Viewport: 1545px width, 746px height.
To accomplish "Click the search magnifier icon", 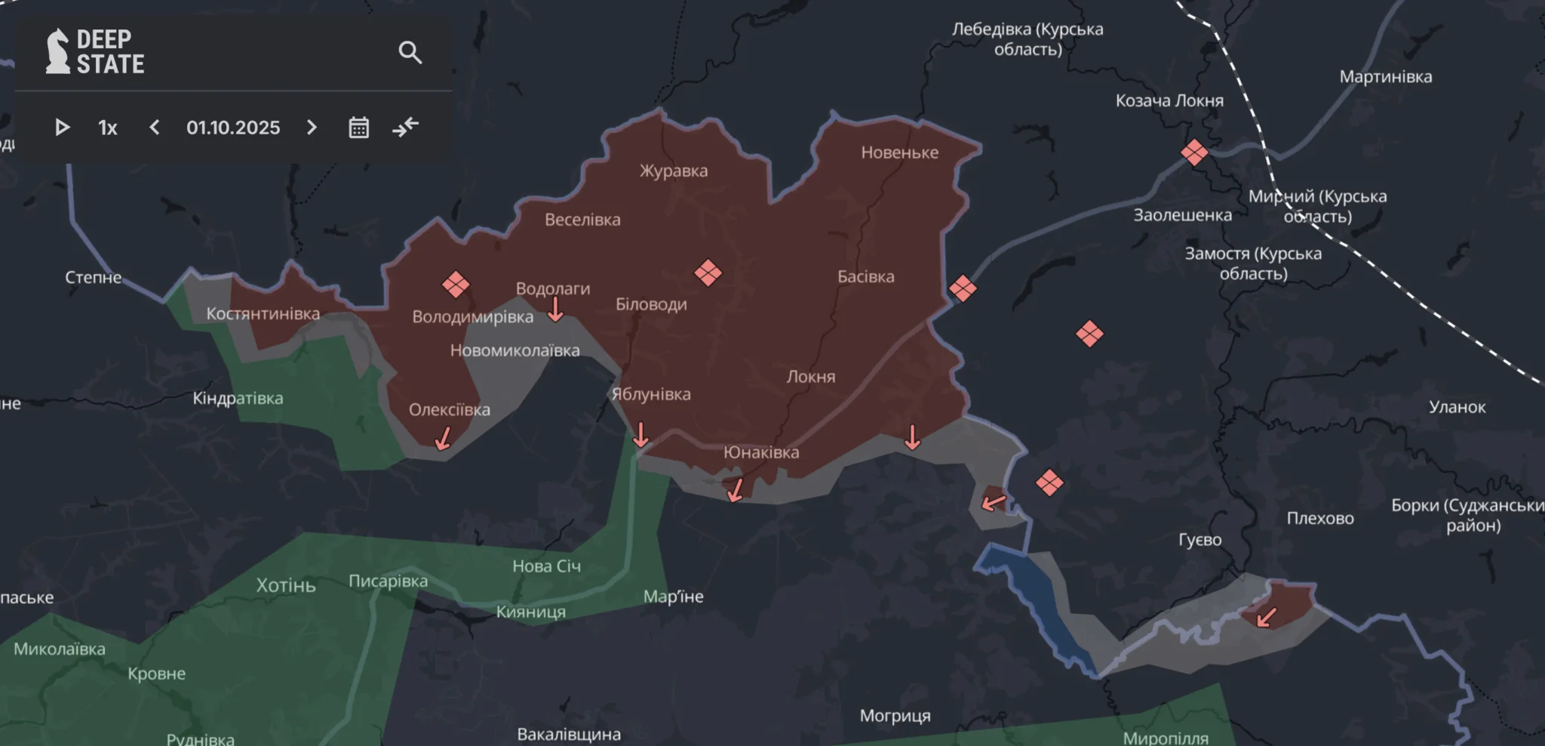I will (410, 52).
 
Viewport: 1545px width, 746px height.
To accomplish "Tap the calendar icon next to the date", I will (359, 128).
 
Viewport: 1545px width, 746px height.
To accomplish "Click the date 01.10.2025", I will (233, 128).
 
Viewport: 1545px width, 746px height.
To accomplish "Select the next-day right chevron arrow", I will (312, 128).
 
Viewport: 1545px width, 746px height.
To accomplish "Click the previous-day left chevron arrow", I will (155, 128).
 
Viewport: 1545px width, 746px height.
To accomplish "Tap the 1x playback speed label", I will (108, 128).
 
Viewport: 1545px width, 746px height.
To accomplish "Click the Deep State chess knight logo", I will (57, 51).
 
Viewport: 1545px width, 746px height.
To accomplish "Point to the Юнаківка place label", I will (761, 452).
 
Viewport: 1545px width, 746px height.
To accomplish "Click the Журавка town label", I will (674, 171).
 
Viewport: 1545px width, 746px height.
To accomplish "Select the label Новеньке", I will (899, 153).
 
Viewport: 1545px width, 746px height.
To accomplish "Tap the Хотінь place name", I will (286, 585).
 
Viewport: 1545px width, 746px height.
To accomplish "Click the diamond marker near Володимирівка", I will (456, 285).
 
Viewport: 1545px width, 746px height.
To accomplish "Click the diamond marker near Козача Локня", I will (1194, 153).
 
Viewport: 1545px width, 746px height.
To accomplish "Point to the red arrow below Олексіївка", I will (443, 438).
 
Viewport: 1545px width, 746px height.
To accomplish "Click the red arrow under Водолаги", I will (555, 309).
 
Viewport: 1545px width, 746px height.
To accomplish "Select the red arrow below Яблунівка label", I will (640, 435).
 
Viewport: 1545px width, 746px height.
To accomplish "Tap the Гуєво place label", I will (1199, 540).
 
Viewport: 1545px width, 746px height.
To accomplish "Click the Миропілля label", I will (1166, 738).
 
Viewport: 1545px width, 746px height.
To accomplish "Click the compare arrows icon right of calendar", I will (406, 127).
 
